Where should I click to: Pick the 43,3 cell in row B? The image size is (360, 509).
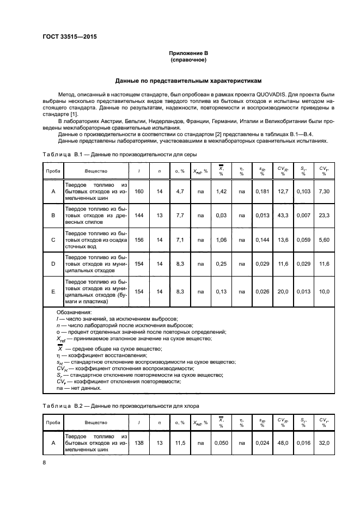pos(282,216)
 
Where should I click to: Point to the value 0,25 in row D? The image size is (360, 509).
pos(221,264)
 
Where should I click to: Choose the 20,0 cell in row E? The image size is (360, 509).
pos(282,292)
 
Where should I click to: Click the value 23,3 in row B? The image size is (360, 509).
pos(325,216)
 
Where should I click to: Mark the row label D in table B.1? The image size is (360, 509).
pos(53,264)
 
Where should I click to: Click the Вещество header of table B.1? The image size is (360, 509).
pos(96,171)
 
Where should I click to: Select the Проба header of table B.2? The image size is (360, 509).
pos(53,423)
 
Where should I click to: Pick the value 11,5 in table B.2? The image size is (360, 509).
pos(178,444)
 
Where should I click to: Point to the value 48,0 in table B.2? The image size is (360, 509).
pos(282,444)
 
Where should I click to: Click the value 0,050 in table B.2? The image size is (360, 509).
pos(221,444)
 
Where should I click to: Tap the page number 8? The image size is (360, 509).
pos(44,463)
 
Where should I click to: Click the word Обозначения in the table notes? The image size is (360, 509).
pos(74,312)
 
